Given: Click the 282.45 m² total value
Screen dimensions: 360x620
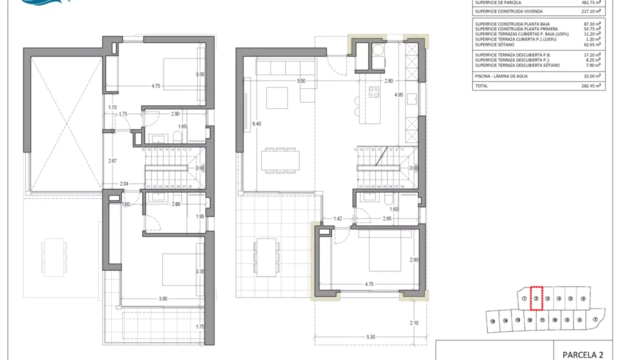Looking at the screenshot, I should pyautogui.click(x=590, y=86).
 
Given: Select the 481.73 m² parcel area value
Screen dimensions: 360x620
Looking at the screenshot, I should pyautogui.click(x=590, y=2).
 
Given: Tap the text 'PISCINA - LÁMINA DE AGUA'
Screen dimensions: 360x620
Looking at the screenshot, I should pyautogui.click(x=501, y=76).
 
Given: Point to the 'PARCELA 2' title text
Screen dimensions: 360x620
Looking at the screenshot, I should pyautogui.click(x=582, y=354).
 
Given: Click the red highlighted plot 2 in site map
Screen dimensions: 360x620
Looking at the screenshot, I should pyautogui.click(x=535, y=298).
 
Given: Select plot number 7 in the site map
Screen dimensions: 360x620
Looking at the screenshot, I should pyautogui.click(x=595, y=320).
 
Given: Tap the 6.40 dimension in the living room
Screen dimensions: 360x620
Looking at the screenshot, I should pyautogui.click(x=257, y=123).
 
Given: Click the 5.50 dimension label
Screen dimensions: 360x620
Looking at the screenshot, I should pyautogui.click(x=301, y=80).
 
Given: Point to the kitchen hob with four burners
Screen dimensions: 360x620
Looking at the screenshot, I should pyautogui.click(x=374, y=92).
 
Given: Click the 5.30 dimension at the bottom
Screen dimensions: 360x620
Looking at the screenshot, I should pyautogui.click(x=370, y=337).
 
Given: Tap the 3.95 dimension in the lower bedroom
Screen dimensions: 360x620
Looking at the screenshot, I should pyautogui.click(x=163, y=299).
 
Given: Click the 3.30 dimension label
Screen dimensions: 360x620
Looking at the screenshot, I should pyautogui.click(x=199, y=272).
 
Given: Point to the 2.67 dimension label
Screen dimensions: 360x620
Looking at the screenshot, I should pyautogui.click(x=113, y=160).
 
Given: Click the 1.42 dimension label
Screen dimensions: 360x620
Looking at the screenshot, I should pyautogui.click(x=338, y=218).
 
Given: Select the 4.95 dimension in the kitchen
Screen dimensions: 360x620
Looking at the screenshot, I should pyautogui.click(x=398, y=94).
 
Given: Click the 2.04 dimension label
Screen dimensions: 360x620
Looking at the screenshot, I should pyautogui.click(x=124, y=184).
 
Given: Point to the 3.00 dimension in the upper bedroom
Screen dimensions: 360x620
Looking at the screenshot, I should pyautogui.click(x=200, y=74).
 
